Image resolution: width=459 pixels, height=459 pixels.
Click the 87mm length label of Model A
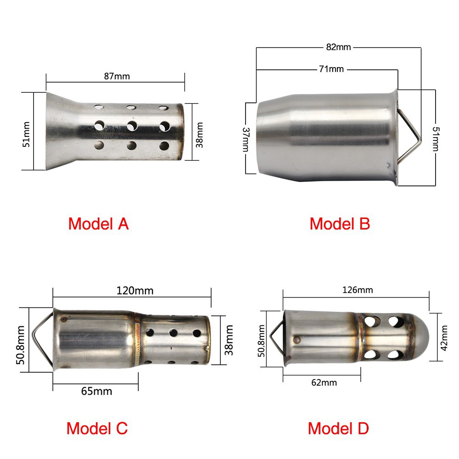117,76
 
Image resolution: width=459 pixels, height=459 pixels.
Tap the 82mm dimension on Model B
338,47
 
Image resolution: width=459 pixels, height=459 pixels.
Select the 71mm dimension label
331,69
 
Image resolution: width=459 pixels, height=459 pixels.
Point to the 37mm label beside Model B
246,140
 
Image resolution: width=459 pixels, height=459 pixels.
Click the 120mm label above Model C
135,291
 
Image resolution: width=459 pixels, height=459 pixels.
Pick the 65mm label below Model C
96,392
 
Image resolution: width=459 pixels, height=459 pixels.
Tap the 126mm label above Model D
358,290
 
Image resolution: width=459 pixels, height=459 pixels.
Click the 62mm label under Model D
324,383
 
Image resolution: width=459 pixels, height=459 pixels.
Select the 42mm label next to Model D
444,338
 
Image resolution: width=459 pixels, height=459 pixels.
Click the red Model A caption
98,224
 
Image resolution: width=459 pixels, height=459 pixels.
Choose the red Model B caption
340,224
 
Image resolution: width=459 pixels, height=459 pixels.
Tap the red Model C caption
97,429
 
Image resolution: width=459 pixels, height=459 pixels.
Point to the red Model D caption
338,429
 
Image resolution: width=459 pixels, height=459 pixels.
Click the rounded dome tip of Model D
421,337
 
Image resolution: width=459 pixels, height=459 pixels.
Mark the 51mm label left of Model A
26,134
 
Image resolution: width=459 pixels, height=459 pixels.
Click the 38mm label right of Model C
229,340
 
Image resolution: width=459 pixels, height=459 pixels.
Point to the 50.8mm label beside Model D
262,341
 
